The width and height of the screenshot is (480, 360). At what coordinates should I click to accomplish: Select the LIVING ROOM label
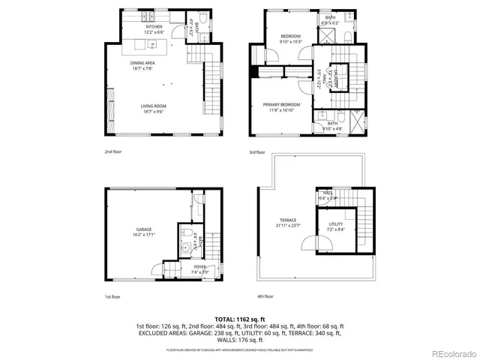[x=152, y=106]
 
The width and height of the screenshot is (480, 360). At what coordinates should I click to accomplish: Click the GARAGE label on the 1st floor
[x=143, y=229]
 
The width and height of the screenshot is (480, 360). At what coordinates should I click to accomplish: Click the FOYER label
[x=179, y=267]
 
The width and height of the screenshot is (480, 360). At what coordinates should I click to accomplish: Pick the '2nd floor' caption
[x=113, y=151]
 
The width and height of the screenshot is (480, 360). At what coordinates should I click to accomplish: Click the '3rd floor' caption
[x=256, y=151]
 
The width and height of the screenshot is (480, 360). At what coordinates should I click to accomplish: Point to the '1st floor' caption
[x=112, y=297]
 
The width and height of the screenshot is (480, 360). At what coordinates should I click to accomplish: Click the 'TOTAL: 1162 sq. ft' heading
[x=240, y=319]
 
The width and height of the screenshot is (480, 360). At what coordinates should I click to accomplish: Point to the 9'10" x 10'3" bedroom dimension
[x=290, y=42]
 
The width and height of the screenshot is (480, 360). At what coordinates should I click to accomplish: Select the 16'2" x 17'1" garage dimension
[x=143, y=235]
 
